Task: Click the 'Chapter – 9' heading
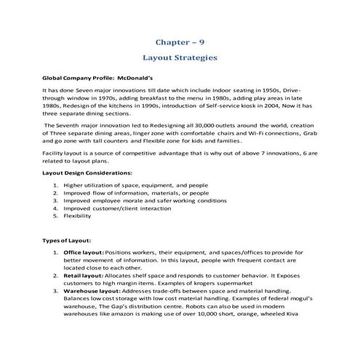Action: [180, 43]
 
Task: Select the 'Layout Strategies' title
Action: [180, 57]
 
